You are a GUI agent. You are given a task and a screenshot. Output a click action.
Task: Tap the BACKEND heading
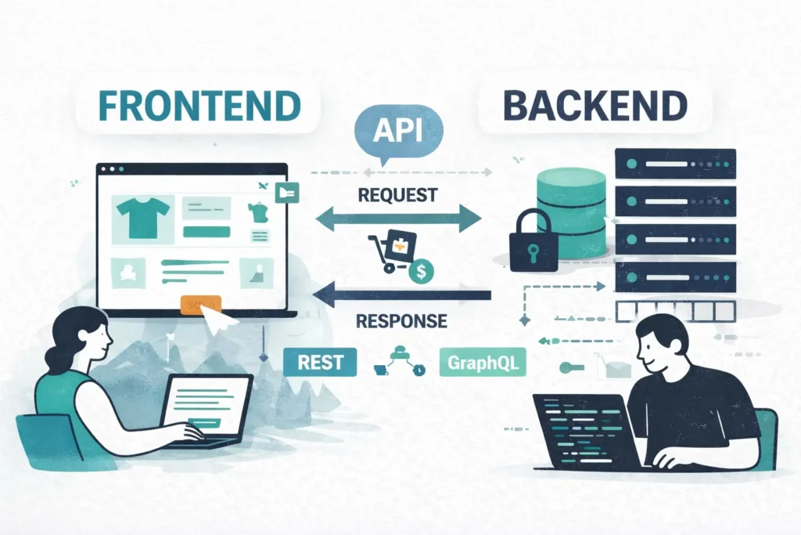coord(594,105)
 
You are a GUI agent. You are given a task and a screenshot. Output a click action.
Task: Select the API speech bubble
coord(397,131)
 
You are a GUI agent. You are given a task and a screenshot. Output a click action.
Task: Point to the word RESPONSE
coord(401,321)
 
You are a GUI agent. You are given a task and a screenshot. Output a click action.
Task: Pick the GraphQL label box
coord(482,363)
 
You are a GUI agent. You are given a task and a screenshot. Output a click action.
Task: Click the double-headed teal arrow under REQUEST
coord(397,219)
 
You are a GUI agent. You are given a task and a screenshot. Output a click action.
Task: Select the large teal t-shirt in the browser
coord(142,216)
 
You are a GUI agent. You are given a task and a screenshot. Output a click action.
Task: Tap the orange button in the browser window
coord(200,305)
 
